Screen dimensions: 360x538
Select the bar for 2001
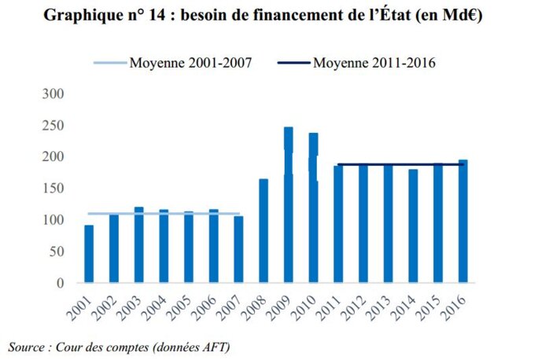click(x=89, y=254)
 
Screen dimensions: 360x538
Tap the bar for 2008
click(x=263, y=230)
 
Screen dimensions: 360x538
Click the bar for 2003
click(x=138, y=244)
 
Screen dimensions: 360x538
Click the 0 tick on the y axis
click(x=69, y=283)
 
